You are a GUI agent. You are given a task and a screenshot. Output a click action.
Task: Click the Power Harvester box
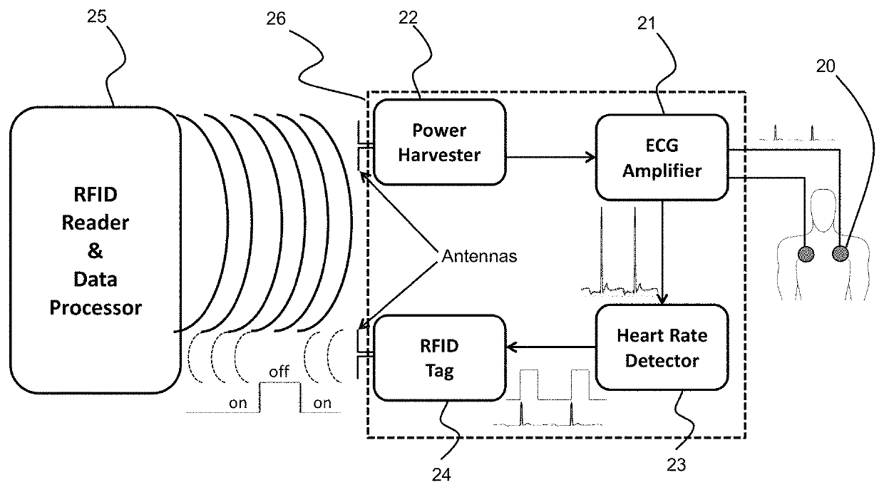click(x=440, y=142)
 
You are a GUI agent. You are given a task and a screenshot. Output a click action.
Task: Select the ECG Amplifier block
click(x=662, y=158)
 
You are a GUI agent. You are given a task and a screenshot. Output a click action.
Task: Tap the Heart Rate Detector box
click(x=662, y=347)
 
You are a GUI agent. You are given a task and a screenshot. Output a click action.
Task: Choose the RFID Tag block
click(x=440, y=358)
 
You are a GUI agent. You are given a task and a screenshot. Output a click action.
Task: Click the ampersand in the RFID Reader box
click(x=95, y=250)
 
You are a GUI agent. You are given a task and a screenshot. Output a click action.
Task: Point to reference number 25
click(x=97, y=16)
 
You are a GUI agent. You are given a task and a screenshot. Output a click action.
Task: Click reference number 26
click(x=275, y=19)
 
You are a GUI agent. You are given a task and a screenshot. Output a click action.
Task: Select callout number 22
click(x=408, y=17)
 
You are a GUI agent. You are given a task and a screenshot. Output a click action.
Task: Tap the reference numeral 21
click(x=646, y=24)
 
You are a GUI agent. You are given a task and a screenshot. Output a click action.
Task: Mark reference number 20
click(x=826, y=66)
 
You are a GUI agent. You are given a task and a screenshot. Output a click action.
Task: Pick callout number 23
click(x=676, y=465)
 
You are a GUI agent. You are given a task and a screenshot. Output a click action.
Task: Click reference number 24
click(x=441, y=474)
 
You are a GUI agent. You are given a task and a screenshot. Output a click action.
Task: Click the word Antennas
click(x=479, y=256)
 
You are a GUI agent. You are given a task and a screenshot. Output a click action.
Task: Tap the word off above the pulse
click(x=279, y=372)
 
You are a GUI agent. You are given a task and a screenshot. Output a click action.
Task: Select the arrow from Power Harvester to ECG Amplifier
click(x=551, y=157)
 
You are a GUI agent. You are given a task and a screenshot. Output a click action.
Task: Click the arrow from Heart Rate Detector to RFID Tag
click(x=551, y=347)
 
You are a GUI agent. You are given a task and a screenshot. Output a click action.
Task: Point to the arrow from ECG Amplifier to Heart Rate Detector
click(x=662, y=252)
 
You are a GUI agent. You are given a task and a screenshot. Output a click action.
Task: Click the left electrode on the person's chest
click(x=806, y=255)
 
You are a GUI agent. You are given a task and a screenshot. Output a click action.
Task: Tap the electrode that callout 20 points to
click(x=841, y=253)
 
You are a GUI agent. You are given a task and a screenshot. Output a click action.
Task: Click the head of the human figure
click(x=823, y=210)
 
